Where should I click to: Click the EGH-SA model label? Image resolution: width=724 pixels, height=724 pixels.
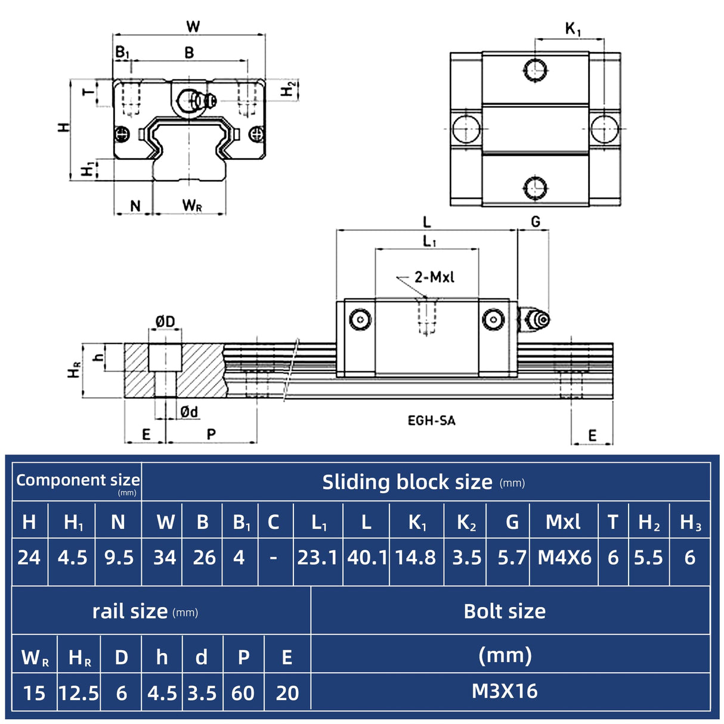point(431,420)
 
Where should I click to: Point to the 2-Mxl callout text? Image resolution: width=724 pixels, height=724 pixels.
point(434,277)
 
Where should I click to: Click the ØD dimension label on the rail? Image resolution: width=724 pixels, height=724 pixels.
point(165,322)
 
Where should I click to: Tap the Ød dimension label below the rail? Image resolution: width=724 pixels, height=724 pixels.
point(189,411)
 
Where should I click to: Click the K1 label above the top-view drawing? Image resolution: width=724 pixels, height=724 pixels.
point(573,29)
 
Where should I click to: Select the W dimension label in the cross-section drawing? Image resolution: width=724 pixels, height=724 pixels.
point(193,26)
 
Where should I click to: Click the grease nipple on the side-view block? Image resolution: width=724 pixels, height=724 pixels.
point(535,320)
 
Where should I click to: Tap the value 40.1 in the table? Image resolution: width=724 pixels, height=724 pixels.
point(367,558)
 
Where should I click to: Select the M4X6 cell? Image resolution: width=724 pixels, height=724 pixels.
point(564,558)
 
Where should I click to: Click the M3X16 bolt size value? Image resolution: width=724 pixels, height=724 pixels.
point(505,691)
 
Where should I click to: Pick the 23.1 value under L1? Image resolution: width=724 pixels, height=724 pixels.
point(317,558)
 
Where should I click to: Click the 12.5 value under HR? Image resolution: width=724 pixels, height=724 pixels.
point(79,693)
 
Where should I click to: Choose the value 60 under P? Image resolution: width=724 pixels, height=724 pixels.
point(243,693)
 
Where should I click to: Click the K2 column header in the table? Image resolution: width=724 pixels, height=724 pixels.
point(466,522)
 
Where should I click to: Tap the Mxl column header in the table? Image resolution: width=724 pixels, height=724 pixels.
point(563,522)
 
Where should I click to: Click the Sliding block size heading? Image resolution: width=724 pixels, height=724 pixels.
point(407,482)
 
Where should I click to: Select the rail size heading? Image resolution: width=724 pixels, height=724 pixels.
point(130,611)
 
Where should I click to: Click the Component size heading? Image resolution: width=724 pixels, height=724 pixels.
point(78,480)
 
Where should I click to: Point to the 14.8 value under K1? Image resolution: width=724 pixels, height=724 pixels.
point(416,558)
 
